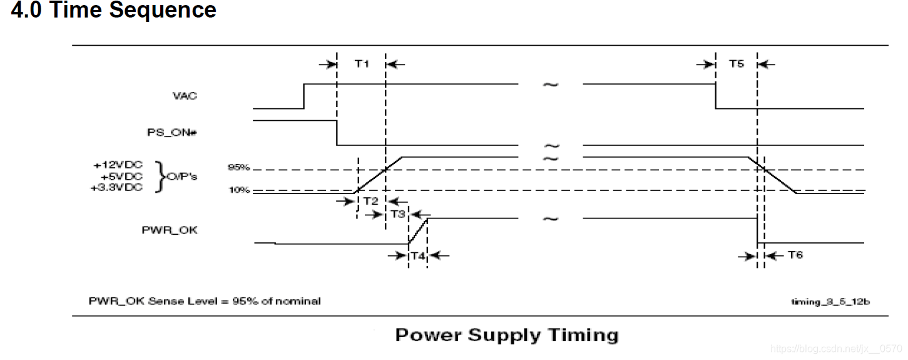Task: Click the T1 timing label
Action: (362, 63)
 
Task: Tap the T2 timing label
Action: (370, 200)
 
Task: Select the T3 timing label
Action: (397, 214)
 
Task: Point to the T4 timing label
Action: (417, 255)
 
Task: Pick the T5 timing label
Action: (737, 63)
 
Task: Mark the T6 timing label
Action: (795, 255)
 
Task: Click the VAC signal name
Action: (185, 96)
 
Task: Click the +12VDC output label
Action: (118, 165)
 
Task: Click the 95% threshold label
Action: (239, 167)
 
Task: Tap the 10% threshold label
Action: (239, 190)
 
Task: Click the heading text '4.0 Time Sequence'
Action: (114, 11)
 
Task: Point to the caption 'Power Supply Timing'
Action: (506, 335)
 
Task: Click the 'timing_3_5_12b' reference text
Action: (830, 302)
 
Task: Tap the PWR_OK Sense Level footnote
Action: (205, 301)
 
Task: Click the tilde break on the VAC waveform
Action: (550, 84)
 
